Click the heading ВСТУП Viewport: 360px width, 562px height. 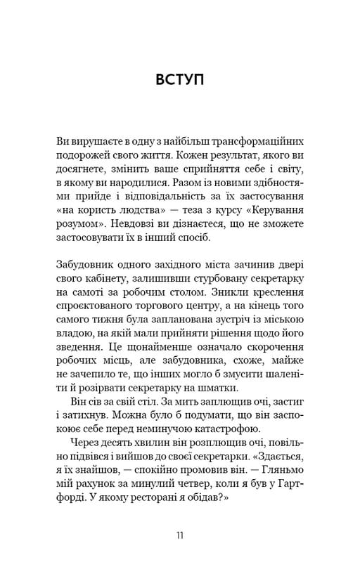[x=179, y=79]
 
